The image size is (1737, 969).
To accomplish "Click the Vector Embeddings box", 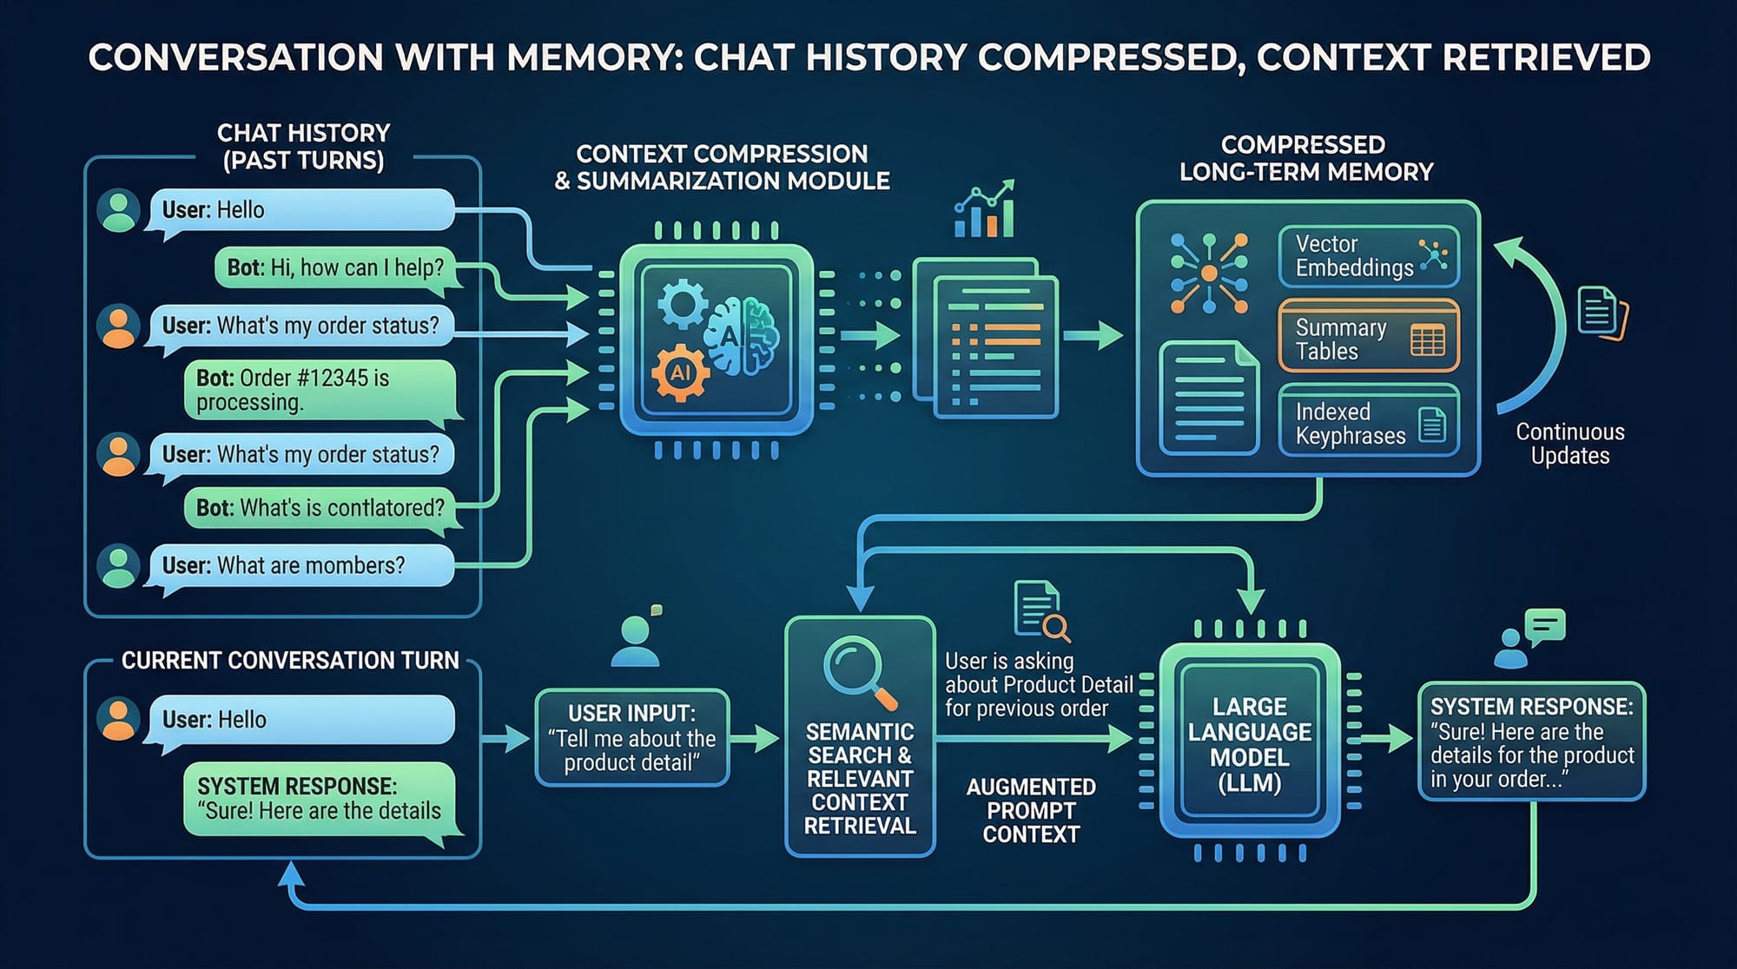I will tap(1368, 256).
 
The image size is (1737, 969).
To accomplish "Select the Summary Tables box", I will tap(1368, 339).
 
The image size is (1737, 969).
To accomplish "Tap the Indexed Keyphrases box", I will tap(1368, 423).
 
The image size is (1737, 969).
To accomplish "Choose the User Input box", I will tap(632, 738).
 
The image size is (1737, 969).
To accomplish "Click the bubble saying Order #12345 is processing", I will tap(320, 390).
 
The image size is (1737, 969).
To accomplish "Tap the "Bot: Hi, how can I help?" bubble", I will tap(335, 267).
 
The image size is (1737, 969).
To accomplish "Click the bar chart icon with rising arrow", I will tap(984, 210).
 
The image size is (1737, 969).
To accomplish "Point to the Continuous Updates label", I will tap(1569, 444).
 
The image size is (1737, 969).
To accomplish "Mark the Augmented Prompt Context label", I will tap(1031, 810).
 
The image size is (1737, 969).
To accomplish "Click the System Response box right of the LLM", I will tap(1531, 742).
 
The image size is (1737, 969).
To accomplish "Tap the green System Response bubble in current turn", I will tap(320, 800).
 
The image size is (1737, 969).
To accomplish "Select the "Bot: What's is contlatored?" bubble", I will tap(320, 508).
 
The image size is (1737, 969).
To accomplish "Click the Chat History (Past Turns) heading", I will tap(303, 146).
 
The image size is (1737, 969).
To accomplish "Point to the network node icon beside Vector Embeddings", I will tap(1209, 273).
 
